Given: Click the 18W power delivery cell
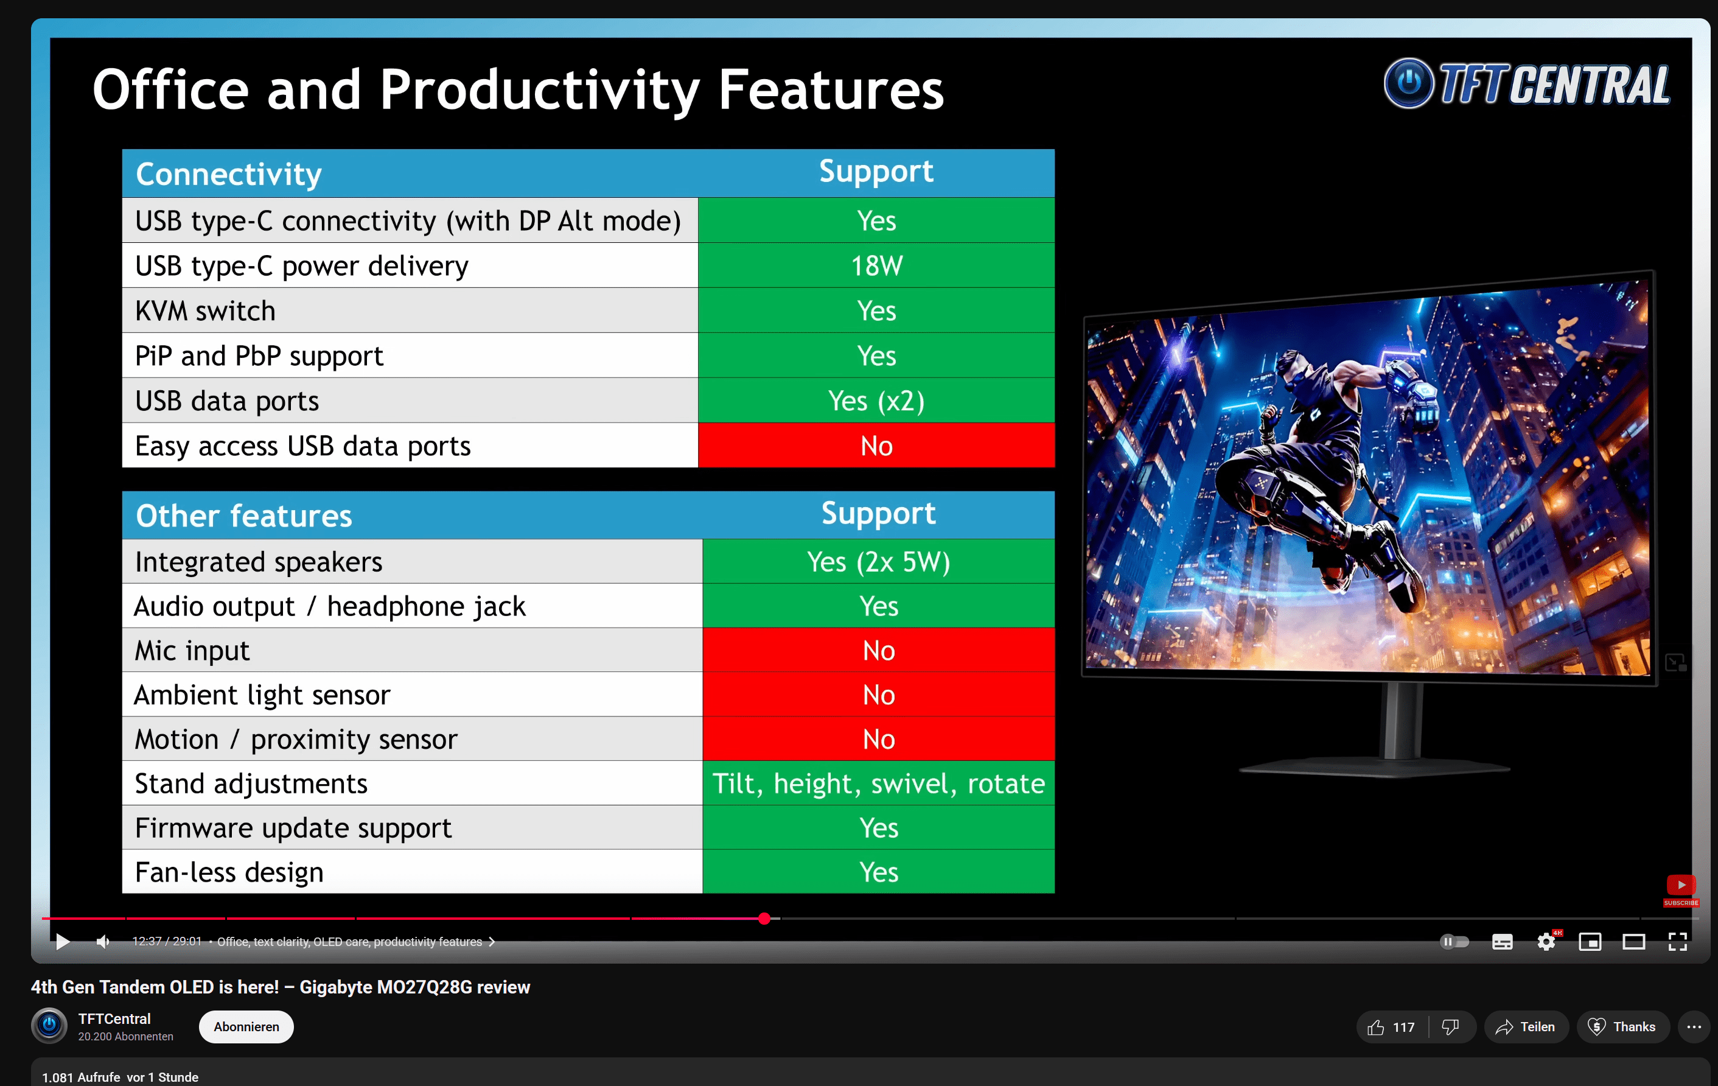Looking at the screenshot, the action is pos(876,265).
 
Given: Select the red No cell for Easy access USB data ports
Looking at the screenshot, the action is pos(876,445).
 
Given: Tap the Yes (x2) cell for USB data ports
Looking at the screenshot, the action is pos(876,401).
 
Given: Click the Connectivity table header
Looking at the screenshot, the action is pos(228,173).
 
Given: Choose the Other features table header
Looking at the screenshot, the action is pos(244,515).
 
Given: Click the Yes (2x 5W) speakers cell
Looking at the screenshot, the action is pos(878,561).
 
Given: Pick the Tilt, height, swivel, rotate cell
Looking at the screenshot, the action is pos(878,783).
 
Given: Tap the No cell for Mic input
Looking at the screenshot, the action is pos(878,650).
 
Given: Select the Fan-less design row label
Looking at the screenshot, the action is pos(229,872).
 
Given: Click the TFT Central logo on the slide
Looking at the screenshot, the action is pos(1527,83).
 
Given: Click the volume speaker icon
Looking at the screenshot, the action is pos(103,942).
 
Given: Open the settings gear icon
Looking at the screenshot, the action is pos(1546,942).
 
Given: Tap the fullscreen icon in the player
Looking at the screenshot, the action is pos(1678,942).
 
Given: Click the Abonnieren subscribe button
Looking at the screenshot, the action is pos(246,1027).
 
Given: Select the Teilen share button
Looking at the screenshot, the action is pos(1526,1027).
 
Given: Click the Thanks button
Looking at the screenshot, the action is pos(1622,1027).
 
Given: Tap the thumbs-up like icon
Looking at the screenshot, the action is pos(1375,1027).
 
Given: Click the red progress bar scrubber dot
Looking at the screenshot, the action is pos(764,919).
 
